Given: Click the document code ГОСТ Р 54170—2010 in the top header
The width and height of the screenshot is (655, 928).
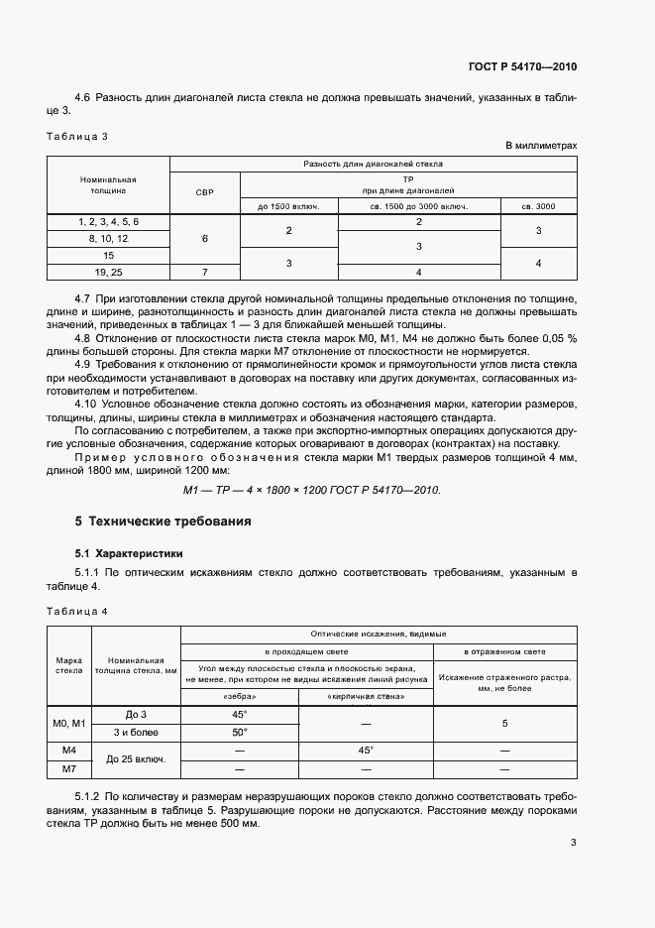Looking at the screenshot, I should point(522,67).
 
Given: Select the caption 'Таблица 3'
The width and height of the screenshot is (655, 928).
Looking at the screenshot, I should point(76,135).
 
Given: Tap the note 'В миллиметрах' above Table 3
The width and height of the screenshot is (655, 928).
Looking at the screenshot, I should point(541,146).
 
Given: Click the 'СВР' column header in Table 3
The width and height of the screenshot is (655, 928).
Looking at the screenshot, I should point(205,190).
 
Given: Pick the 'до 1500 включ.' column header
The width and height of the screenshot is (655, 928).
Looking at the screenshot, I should point(289,206).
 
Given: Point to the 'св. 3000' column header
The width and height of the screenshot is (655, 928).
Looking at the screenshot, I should point(539,206).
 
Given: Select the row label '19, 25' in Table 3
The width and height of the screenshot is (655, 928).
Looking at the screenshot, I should point(108,270).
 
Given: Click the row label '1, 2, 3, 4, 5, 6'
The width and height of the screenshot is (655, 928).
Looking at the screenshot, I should point(108,222).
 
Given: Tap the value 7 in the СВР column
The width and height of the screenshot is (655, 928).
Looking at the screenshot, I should point(205,270).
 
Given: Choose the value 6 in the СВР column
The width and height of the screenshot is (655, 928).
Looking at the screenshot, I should point(205,238).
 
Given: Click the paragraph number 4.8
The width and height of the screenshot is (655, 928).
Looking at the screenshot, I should point(84,337).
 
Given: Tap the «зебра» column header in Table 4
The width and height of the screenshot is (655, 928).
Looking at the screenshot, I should point(239,697).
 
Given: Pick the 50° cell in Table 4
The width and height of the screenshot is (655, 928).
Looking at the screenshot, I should point(239,732).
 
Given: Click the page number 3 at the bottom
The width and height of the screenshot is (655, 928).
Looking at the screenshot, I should point(573,843).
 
